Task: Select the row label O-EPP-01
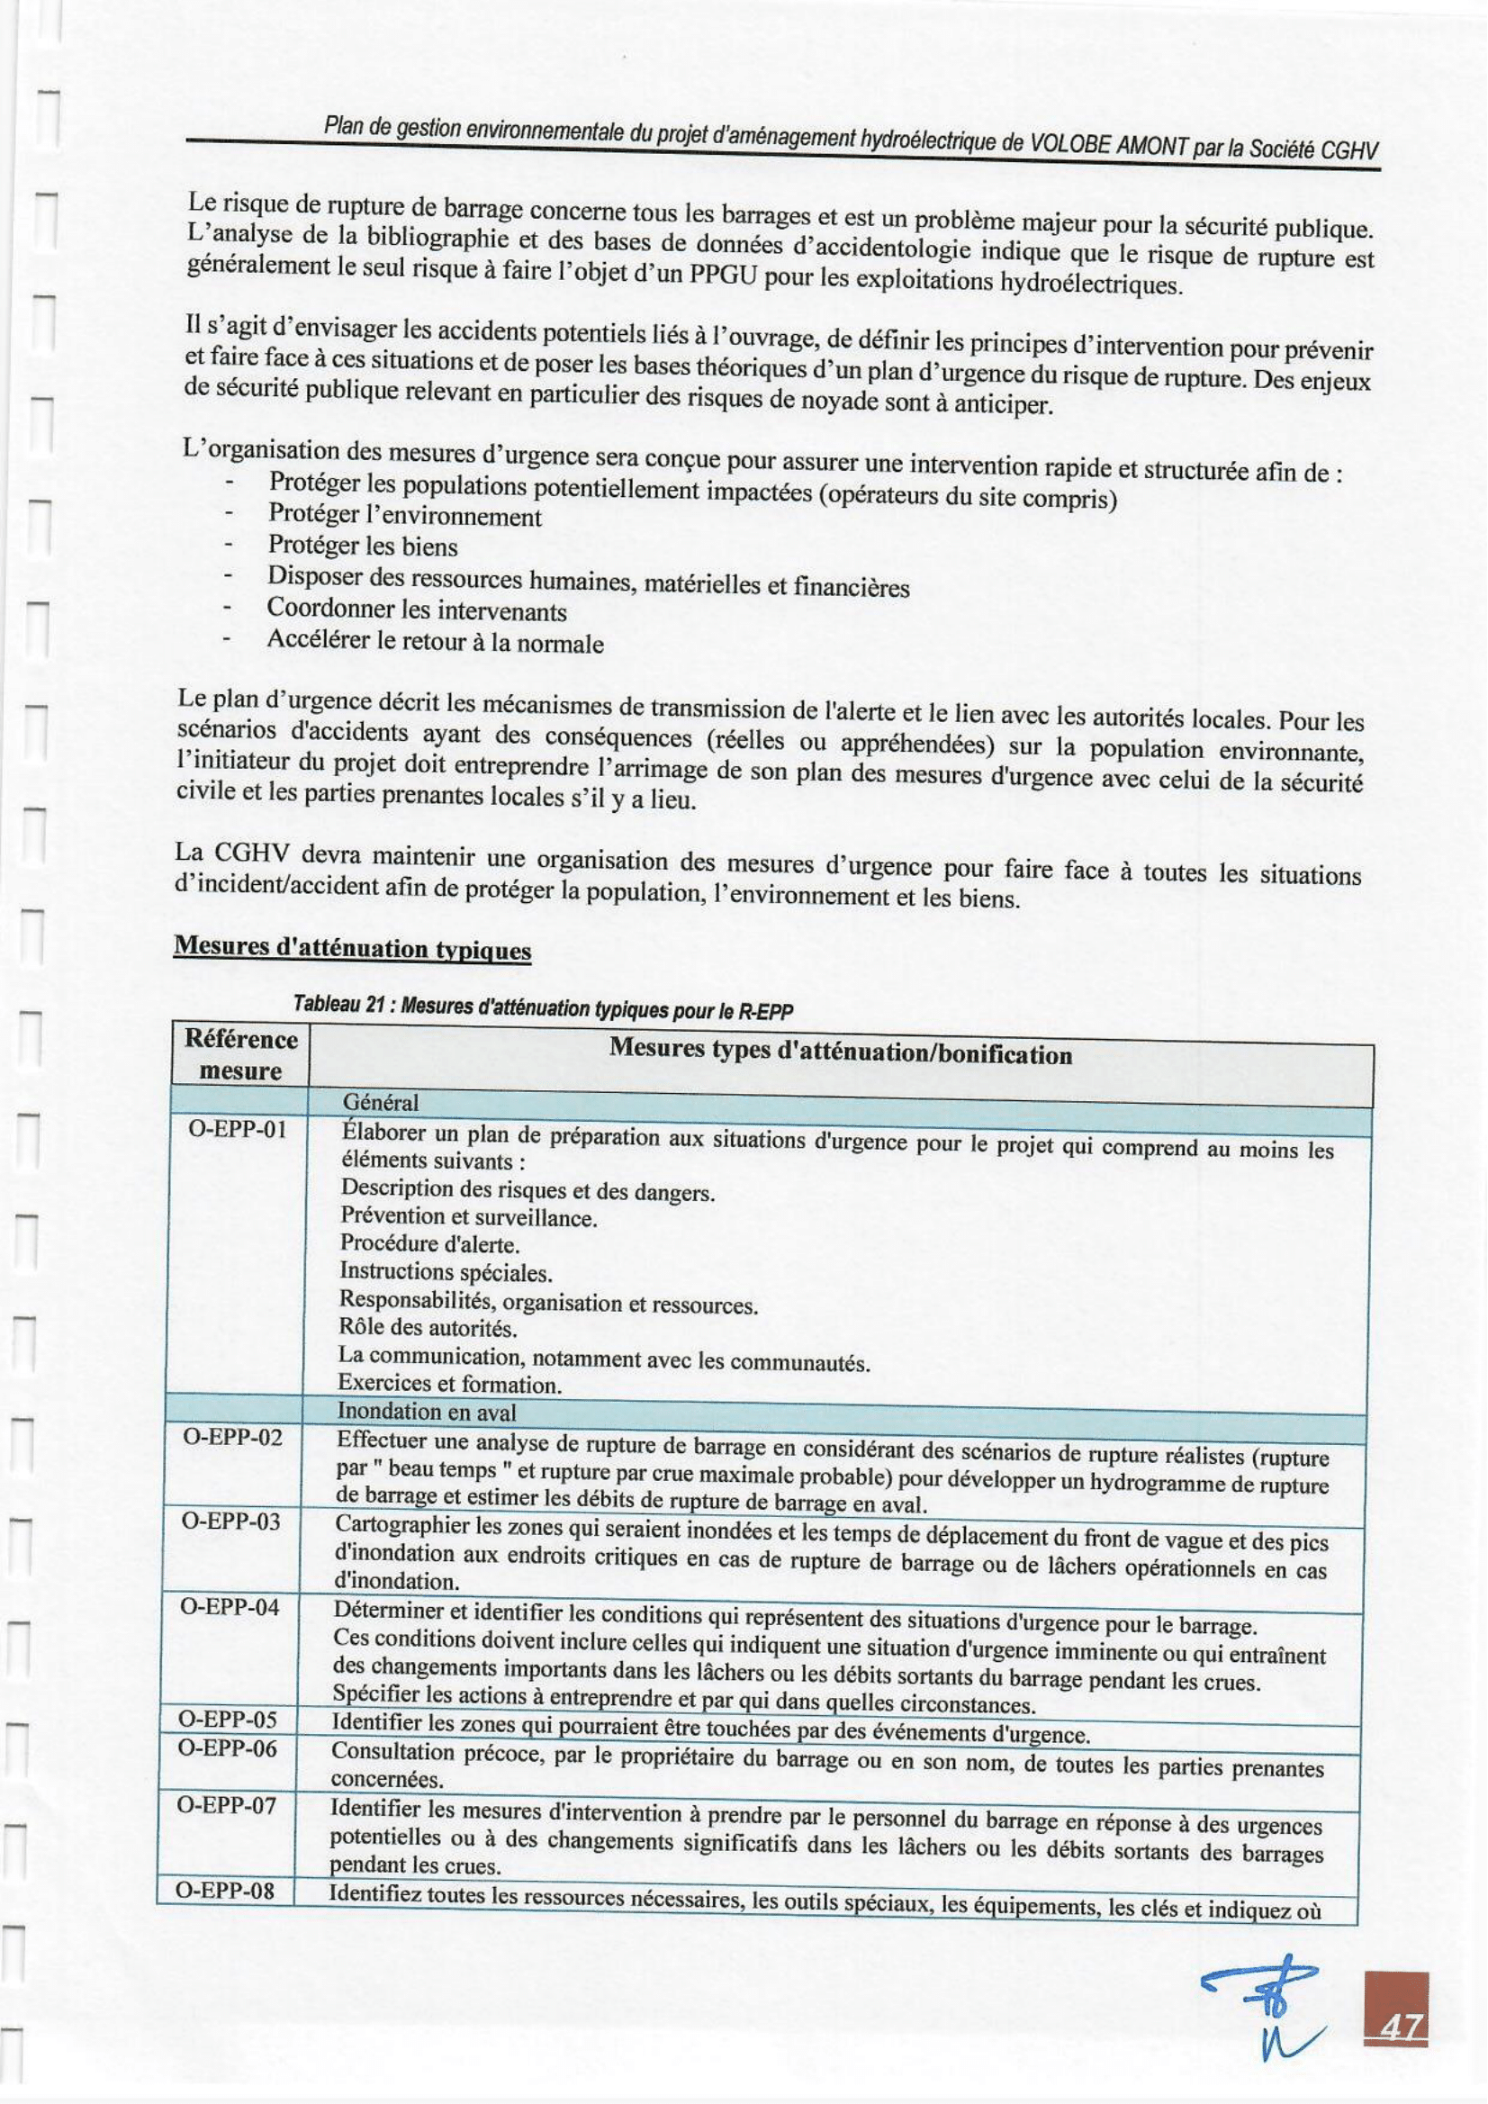point(239,1129)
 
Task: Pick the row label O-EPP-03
point(230,1522)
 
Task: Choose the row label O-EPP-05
point(226,1720)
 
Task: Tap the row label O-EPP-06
point(226,1748)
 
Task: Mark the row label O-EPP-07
point(224,1806)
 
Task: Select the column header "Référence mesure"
point(240,1055)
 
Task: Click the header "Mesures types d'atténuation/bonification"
point(840,1053)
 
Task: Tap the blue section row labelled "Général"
point(379,1102)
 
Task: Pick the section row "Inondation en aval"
point(426,1412)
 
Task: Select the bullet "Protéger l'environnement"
point(404,516)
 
